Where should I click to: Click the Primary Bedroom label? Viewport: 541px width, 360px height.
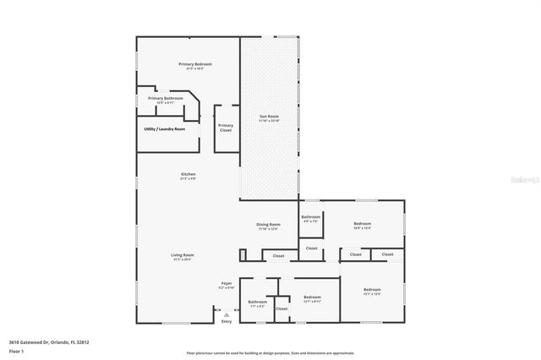(x=194, y=65)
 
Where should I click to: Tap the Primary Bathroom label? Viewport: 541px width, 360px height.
(x=165, y=99)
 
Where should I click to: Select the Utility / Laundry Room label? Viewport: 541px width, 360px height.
(x=164, y=129)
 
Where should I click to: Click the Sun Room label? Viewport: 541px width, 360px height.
(x=269, y=116)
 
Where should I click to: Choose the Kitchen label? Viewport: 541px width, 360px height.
(x=188, y=175)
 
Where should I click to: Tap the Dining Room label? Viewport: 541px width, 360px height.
(x=267, y=225)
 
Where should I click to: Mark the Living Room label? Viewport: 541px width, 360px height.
(x=183, y=255)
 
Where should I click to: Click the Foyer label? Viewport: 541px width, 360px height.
(x=227, y=283)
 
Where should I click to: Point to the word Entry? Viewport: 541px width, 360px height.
(x=226, y=321)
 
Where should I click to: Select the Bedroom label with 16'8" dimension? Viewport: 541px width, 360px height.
(x=362, y=224)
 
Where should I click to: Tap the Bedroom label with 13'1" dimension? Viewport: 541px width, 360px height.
(x=372, y=291)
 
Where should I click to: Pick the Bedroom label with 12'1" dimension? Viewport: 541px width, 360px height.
(x=312, y=297)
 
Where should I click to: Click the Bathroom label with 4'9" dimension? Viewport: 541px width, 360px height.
(x=310, y=218)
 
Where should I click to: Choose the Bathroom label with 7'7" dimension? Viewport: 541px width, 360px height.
(x=257, y=303)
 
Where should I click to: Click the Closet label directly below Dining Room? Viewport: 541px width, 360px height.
(x=278, y=254)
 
